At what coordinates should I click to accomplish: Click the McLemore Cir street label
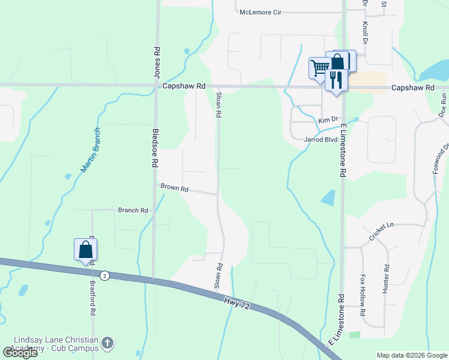click(260, 12)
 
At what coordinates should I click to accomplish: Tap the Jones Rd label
click(157, 63)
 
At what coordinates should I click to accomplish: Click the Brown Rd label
click(175, 188)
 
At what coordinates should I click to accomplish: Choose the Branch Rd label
click(133, 211)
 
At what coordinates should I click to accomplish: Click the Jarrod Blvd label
click(321, 139)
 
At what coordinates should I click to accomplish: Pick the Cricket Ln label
click(381, 232)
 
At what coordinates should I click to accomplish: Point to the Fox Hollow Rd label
click(363, 296)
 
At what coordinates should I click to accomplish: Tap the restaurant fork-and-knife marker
click(336, 79)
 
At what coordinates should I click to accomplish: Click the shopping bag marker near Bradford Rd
click(85, 249)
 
